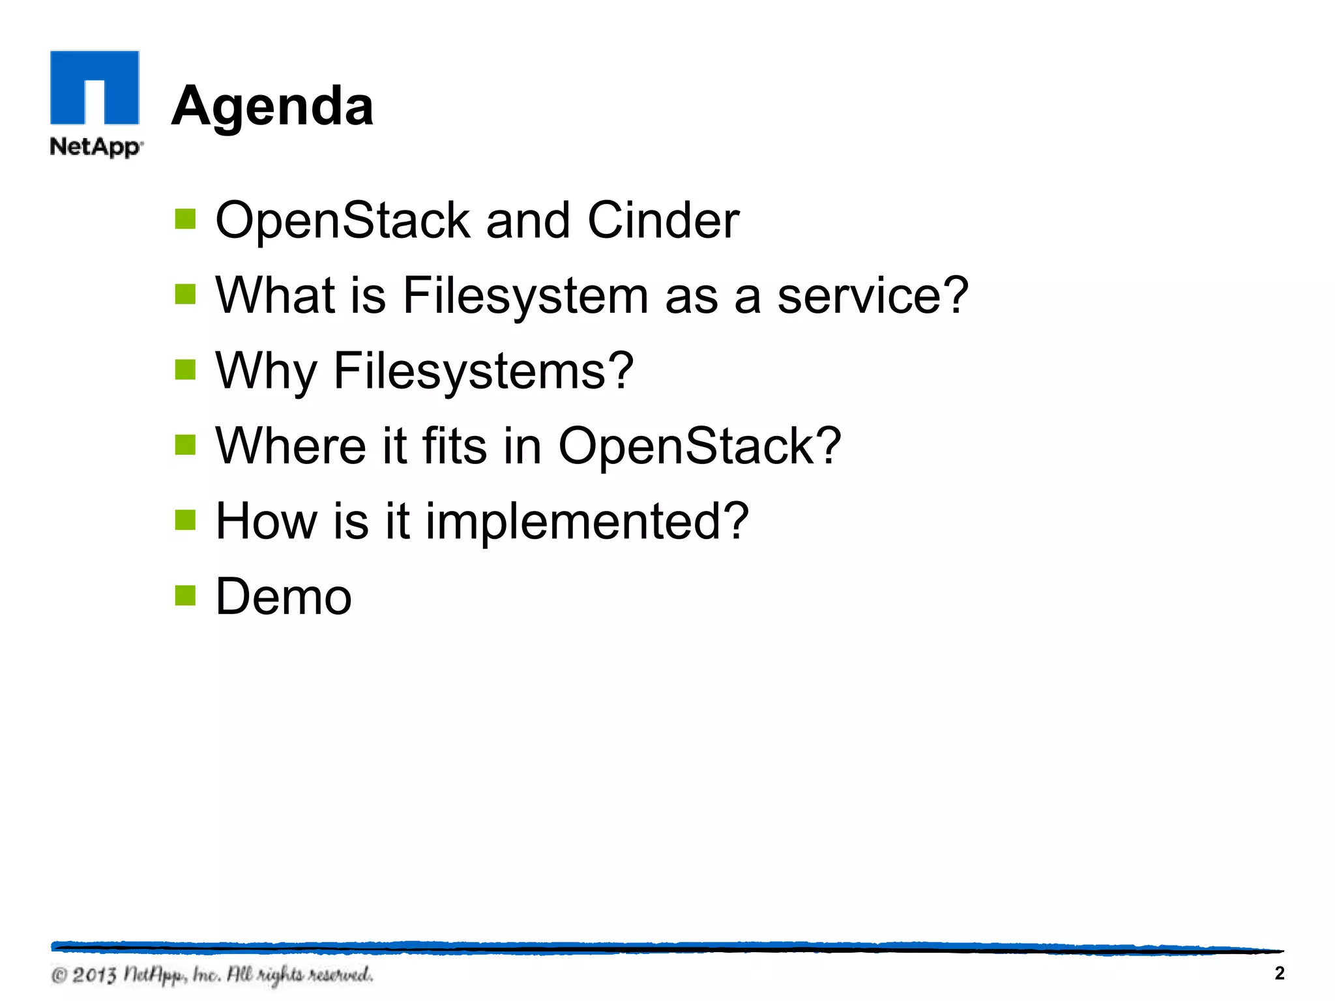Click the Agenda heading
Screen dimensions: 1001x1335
[272, 106]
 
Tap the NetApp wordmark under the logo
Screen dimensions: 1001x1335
[96, 147]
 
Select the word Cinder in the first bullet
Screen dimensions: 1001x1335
[663, 220]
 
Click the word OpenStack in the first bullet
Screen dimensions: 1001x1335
[342, 220]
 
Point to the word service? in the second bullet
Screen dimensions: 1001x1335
[873, 295]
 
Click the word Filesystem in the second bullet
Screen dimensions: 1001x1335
[525, 295]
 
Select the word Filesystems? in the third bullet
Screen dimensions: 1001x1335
[483, 371]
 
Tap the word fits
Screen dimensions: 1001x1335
[454, 446]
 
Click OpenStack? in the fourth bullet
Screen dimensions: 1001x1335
[699, 446]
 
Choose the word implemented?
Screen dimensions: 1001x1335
[587, 521]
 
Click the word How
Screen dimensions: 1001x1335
[266, 521]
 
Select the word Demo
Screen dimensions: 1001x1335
[284, 596]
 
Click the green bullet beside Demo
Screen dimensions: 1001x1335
[185, 595]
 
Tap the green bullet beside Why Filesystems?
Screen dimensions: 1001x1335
[185, 370]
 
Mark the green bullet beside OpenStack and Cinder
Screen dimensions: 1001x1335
[185, 219]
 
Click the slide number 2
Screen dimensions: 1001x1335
[1279, 973]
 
